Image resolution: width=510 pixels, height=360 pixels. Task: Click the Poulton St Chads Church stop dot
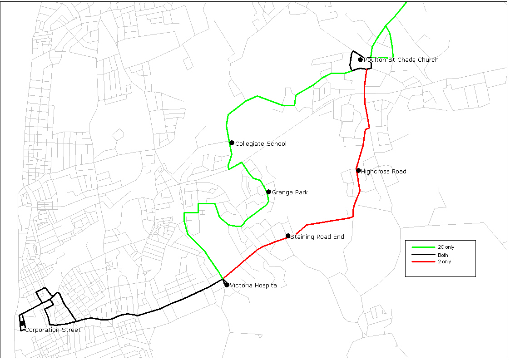tap(360, 59)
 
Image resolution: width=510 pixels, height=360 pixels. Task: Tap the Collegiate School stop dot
tap(232, 143)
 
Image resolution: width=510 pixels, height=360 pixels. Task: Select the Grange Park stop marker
tap(268, 192)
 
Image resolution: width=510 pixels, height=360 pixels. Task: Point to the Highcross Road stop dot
tap(358, 171)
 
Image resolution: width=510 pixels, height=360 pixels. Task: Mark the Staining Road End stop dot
tap(288, 236)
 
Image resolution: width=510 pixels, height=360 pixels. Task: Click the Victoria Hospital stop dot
tap(227, 285)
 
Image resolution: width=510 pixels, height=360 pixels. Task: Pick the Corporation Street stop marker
tap(22, 324)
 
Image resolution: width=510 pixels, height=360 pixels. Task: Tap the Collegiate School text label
tap(261, 144)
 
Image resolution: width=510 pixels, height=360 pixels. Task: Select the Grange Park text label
tap(290, 192)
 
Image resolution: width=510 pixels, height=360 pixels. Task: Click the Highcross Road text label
tap(383, 172)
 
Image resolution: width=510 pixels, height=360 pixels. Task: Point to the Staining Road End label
tap(317, 237)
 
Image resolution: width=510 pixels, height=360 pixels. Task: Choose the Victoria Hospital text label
tap(253, 286)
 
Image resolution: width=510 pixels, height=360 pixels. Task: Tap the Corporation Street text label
tap(53, 330)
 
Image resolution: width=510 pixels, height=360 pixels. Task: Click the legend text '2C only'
tap(446, 247)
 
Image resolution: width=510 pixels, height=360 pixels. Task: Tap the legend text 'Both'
tap(443, 255)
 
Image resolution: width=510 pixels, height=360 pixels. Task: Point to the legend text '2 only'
tap(445, 262)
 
